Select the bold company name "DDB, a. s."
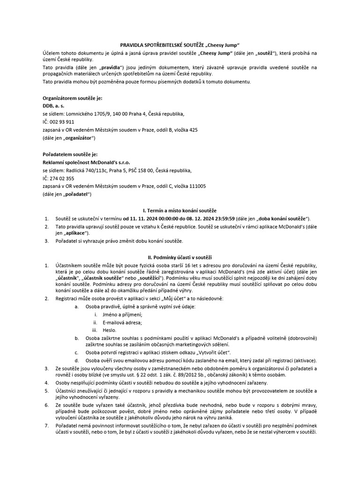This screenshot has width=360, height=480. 54,106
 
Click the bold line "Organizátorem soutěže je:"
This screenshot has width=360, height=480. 72,98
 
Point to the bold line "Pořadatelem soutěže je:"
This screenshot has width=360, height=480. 70,154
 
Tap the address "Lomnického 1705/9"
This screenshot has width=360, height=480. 86,114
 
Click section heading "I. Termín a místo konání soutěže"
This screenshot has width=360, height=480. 180,210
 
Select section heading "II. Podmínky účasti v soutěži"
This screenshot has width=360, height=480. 180,257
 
